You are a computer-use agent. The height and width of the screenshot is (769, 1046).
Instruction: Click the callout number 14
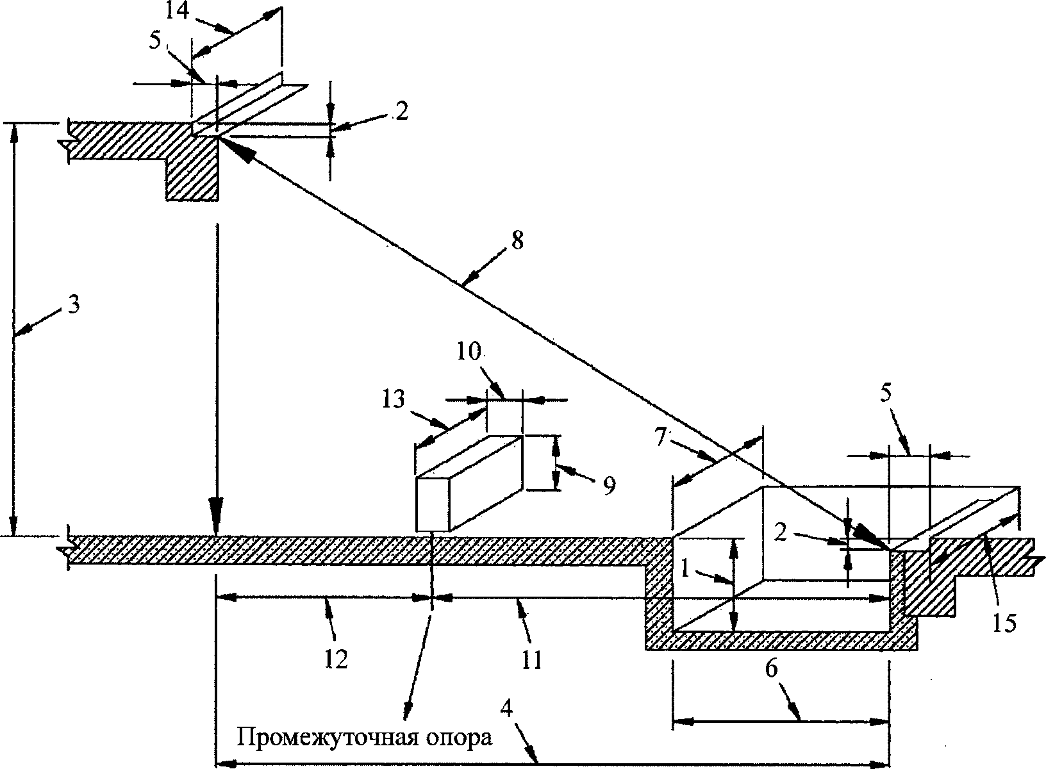pyautogui.click(x=177, y=11)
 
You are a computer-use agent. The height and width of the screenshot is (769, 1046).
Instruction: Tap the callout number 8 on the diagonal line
pyautogui.click(x=517, y=241)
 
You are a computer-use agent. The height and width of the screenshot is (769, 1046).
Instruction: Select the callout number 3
pyautogui.click(x=74, y=304)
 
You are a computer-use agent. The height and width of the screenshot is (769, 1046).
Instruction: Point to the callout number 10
pyautogui.click(x=469, y=352)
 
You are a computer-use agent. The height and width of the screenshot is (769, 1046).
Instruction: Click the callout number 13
pyautogui.click(x=393, y=400)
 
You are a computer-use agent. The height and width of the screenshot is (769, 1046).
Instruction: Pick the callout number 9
pyautogui.click(x=609, y=486)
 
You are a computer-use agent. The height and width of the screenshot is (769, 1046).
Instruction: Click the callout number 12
pyautogui.click(x=336, y=659)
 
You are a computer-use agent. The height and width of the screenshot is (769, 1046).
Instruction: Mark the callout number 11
pyautogui.click(x=531, y=660)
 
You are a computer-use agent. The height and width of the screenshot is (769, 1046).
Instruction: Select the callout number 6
pyautogui.click(x=772, y=669)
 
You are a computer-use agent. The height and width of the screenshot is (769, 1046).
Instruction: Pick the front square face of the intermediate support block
pyautogui.click(x=433, y=504)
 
